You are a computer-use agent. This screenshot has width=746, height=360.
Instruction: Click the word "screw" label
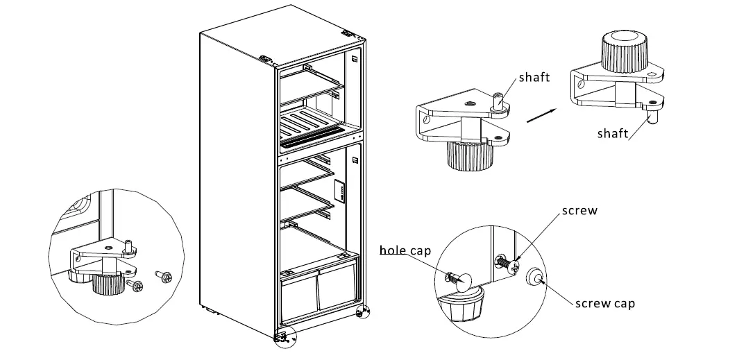coord(579,211)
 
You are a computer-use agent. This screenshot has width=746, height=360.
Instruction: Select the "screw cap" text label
coord(604,303)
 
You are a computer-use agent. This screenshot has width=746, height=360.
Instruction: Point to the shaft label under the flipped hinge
coord(612,133)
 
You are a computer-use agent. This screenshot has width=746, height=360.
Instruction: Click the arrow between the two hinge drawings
coord(542,116)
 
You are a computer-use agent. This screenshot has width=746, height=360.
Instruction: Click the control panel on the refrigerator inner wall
coord(340,192)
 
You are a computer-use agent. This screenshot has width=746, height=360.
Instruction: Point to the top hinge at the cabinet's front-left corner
coord(266,60)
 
